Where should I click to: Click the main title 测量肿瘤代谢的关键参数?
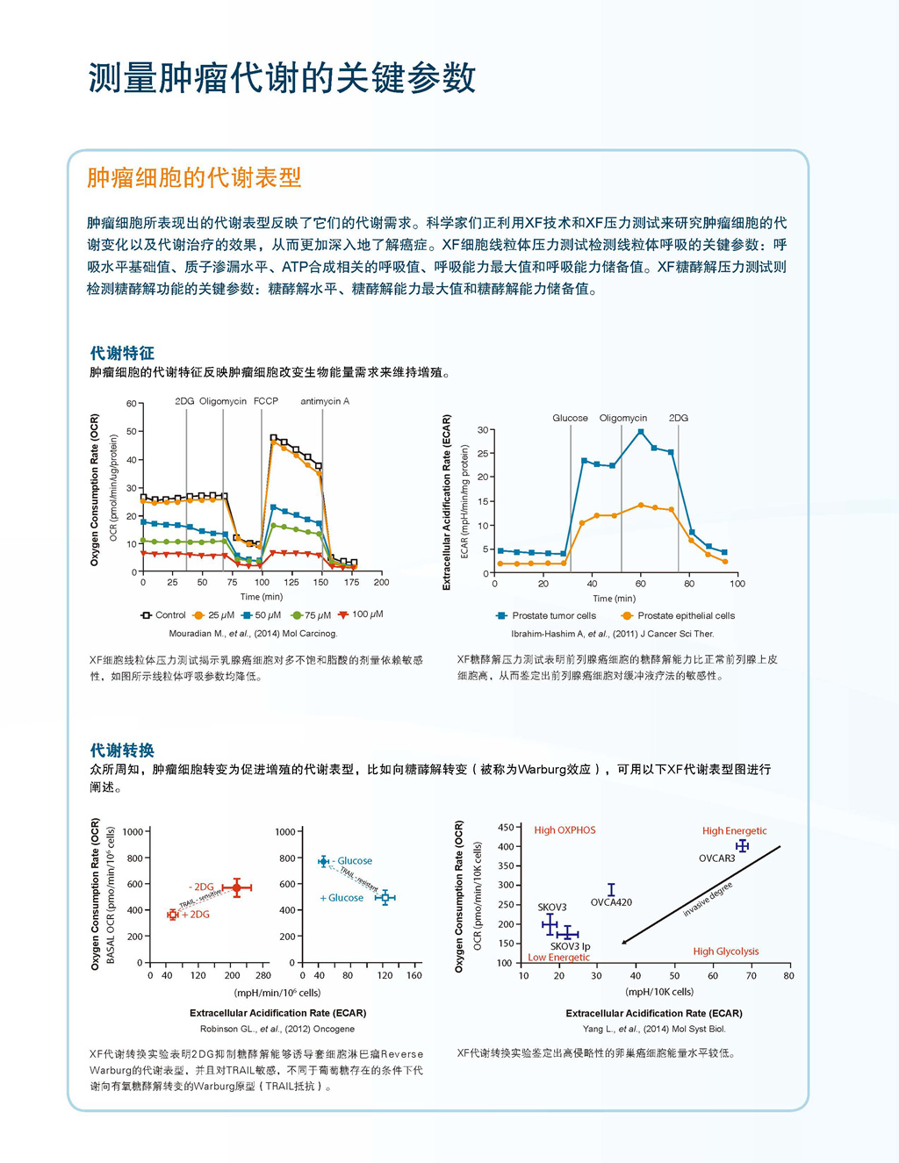(282, 78)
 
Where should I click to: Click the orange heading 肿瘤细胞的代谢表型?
(194, 178)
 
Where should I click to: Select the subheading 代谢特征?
(122, 353)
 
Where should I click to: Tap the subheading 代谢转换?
(122, 750)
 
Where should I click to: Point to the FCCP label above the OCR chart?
(266, 401)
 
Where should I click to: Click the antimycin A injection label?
(325, 401)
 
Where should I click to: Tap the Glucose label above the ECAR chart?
(570, 418)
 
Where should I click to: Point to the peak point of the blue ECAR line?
(641, 432)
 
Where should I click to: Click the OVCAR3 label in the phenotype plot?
(716, 858)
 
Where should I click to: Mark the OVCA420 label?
(611, 902)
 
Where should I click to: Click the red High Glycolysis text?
(725, 951)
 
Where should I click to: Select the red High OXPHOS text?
(565, 830)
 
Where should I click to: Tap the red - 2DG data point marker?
(236, 888)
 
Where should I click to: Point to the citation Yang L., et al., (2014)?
(654, 1029)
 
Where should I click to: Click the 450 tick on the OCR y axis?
(506, 828)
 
